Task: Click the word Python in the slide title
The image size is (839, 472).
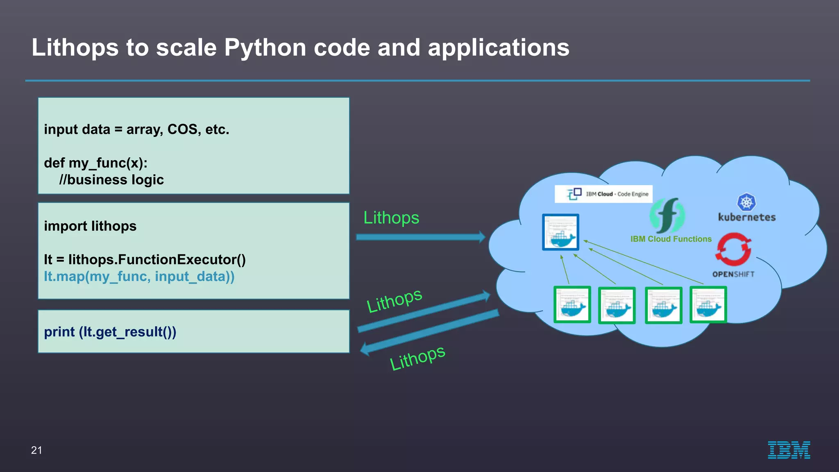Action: (x=265, y=48)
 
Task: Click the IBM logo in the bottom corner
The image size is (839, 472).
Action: (x=789, y=450)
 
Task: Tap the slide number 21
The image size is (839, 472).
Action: (x=36, y=450)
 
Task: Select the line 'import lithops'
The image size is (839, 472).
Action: (x=90, y=226)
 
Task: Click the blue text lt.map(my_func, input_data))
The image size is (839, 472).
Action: (x=139, y=277)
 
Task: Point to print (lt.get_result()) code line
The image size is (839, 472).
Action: (x=110, y=332)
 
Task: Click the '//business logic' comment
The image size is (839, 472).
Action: (x=111, y=180)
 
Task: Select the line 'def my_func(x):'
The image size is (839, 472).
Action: (x=95, y=163)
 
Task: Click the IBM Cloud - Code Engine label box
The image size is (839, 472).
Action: (x=603, y=194)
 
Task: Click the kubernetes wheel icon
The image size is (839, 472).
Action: (x=746, y=202)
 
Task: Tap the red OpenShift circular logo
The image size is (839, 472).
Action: (x=733, y=250)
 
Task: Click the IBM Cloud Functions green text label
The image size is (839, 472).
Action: (x=671, y=239)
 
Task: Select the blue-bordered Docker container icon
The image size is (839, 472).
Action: (x=560, y=232)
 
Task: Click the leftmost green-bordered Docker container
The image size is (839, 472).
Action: (x=572, y=305)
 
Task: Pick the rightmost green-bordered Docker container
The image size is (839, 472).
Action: (x=708, y=305)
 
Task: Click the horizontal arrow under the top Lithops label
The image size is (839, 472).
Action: (x=420, y=237)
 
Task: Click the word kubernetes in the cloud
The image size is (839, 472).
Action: (x=746, y=218)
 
